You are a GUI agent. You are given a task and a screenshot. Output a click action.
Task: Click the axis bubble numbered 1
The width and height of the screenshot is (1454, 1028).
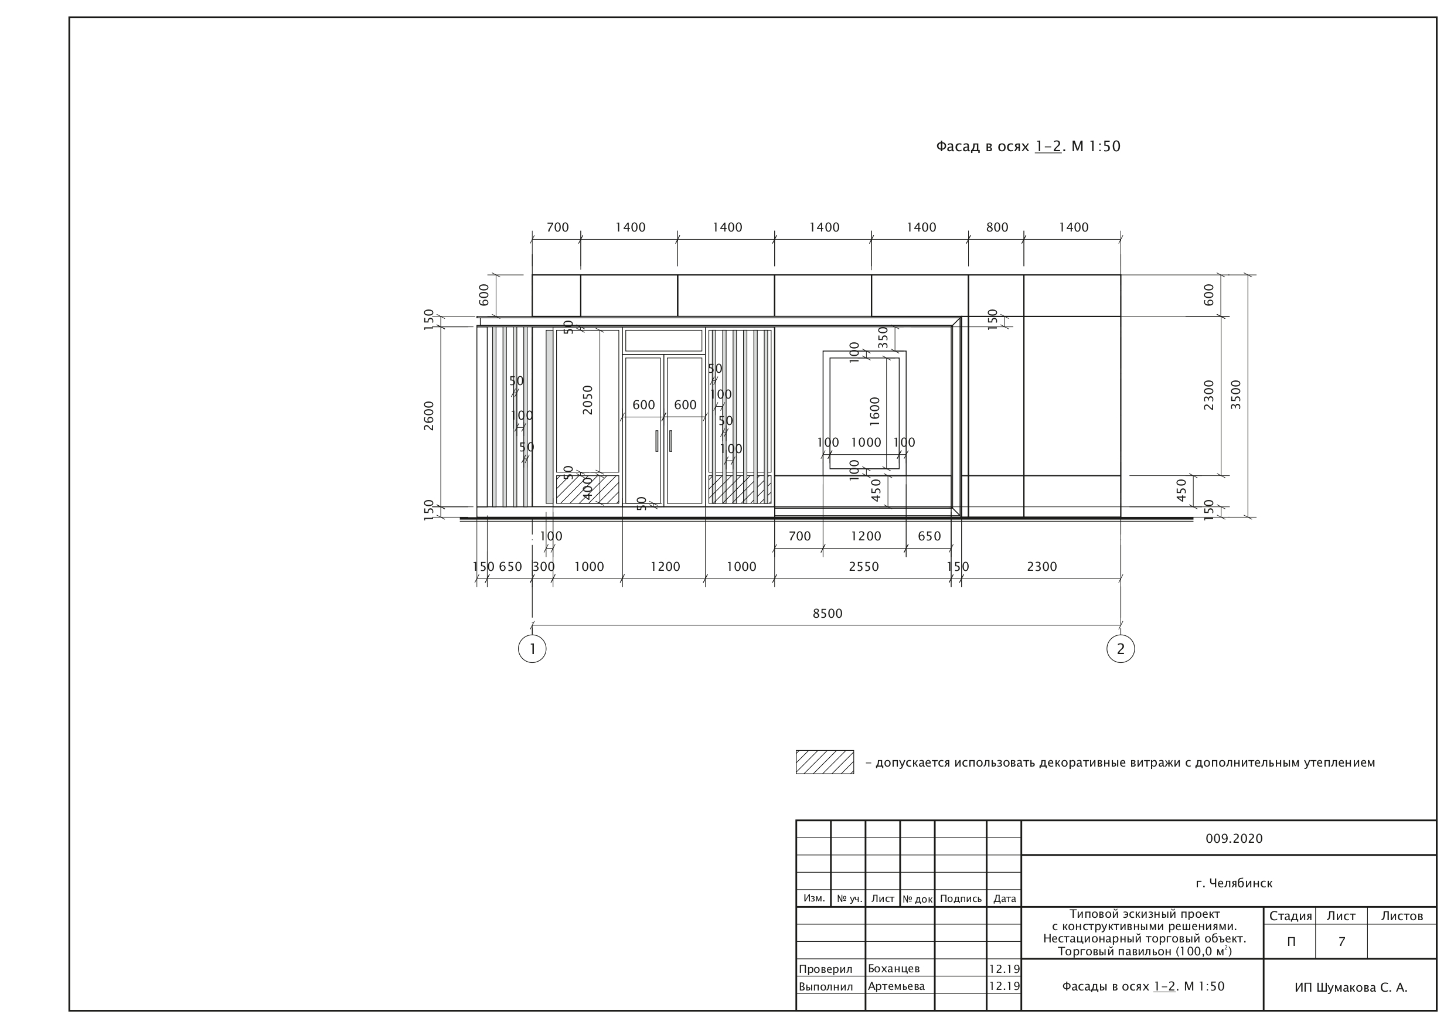click(x=532, y=649)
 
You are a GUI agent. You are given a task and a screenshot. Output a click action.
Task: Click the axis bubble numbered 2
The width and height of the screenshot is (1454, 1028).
click(x=1121, y=649)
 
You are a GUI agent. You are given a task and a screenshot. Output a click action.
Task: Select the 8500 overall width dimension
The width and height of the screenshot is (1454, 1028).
click(x=827, y=613)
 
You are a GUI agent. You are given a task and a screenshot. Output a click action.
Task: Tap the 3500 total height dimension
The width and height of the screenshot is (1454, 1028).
click(x=1235, y=394)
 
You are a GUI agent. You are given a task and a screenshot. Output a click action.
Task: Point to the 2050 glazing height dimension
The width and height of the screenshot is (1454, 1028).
click(x=588, y=400)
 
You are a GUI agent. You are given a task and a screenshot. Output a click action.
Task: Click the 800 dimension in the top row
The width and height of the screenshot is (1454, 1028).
click(x=997, y=227)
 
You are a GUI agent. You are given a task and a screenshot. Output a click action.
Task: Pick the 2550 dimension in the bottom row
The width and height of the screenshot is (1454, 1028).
click(x=863, y=566)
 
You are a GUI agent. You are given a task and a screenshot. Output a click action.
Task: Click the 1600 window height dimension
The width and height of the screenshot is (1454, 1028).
click(x=874, y=410)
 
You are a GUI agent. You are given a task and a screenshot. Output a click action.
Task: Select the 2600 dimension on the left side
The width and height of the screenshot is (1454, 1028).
click(x=429, y=416)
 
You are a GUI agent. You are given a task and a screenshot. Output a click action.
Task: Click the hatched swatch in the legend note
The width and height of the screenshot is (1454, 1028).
click(x=825, y=762)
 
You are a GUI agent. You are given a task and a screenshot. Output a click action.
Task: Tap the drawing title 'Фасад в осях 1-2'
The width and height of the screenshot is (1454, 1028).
click(x=999, y=147)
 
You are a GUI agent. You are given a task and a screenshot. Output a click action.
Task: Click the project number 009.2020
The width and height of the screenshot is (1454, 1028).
click(x=1234, y=839)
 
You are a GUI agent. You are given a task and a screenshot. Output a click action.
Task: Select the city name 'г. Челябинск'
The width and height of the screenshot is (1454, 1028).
click(x=1234, y=883)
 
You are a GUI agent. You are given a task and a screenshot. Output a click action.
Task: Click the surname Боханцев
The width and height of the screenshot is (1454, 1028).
click(x=894, y=968)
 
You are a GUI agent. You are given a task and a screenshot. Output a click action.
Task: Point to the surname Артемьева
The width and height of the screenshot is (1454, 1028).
click(x=896, y=986)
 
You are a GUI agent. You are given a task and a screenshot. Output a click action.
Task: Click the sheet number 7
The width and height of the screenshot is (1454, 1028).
click(x=1341, y=942)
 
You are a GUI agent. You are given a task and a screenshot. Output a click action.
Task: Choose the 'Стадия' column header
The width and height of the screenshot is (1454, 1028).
click(x=1290, y=916)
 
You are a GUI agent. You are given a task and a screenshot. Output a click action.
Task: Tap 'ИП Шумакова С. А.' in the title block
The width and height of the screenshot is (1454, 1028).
click(x=1351, y=988)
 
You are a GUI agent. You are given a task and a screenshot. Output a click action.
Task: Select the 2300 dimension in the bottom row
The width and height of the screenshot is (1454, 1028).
click(x=1042, y=566)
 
